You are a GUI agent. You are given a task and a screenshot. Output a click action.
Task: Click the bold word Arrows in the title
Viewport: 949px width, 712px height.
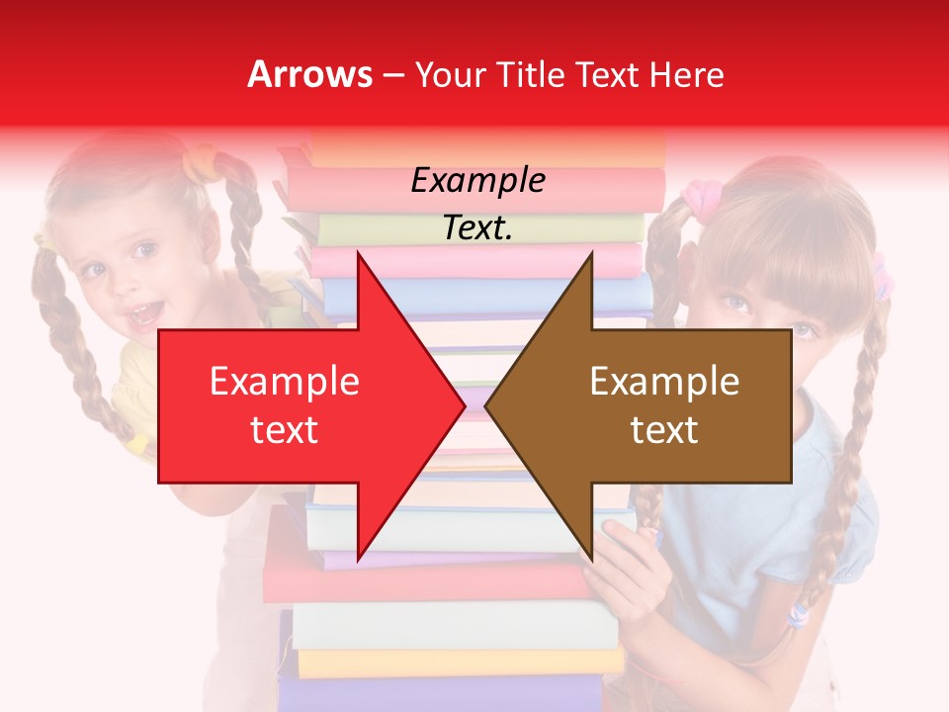pos(310,74)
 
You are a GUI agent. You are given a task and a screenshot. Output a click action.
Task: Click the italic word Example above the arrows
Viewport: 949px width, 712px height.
pos(477,181)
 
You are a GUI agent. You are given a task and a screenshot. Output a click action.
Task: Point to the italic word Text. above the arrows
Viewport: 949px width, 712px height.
pos(477,227)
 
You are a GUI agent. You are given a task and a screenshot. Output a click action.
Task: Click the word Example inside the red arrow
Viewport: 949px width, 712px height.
pos(284,381)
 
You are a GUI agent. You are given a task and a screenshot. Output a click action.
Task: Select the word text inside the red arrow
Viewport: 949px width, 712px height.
pos(284,429)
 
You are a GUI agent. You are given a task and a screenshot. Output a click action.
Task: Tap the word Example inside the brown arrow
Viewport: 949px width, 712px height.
pos(664,381)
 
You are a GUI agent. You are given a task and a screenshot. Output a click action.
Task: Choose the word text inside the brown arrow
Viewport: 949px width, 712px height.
pos(664,429)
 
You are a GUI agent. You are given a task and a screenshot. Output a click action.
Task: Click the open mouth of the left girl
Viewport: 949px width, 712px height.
pos(144,314)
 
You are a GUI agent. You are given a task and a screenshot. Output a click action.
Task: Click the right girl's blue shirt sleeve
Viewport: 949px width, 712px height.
pos(840,514)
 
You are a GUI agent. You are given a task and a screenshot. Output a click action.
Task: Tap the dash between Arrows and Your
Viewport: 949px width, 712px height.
pos(392,74)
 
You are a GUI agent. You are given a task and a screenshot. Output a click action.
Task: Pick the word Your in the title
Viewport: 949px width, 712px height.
pos(450,74)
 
